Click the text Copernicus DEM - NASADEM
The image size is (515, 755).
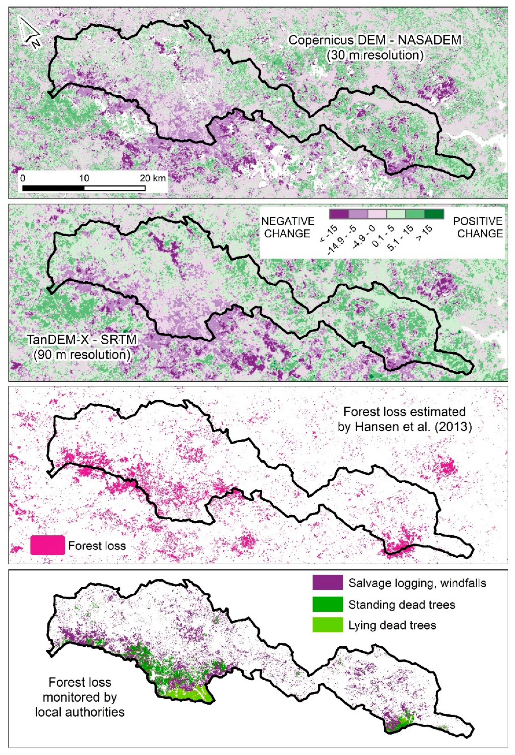coord(375,40)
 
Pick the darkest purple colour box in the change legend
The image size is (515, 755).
coord(339,214)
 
